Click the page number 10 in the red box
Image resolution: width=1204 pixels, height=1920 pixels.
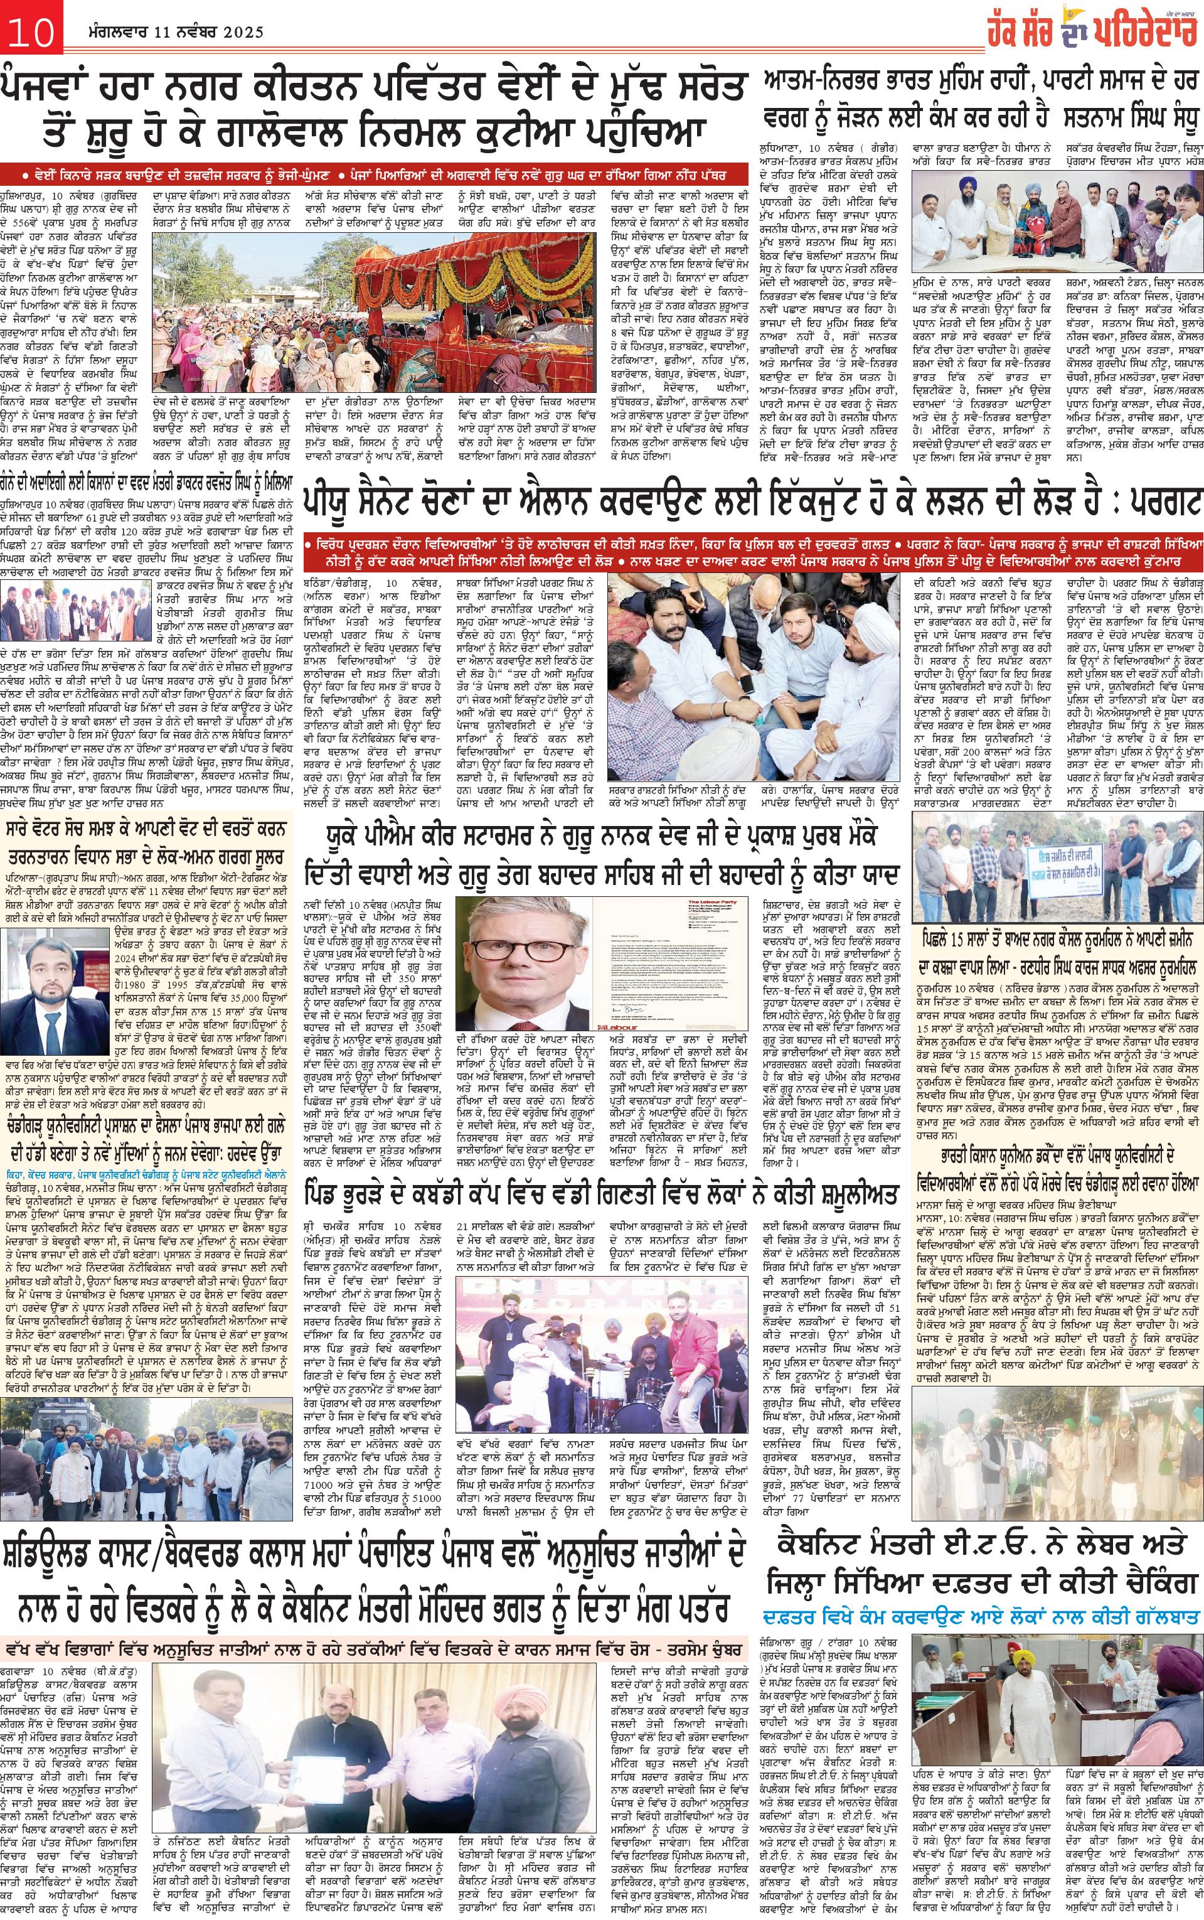pyautogui.click(x=30, y=33)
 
